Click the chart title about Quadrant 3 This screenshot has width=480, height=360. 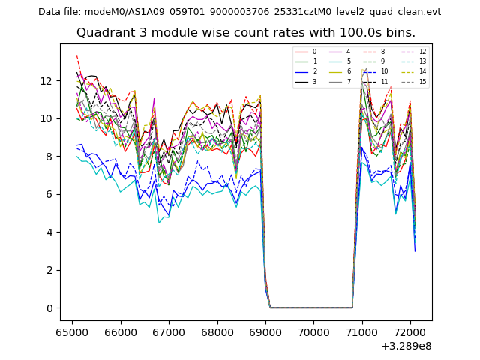(245, 33)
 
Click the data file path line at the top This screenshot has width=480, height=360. (239, 11)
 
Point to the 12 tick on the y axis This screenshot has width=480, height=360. (46, 81)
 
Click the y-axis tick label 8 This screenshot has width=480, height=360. (49, 157)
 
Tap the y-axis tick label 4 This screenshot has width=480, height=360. (49, 232)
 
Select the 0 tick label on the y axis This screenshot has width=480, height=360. (49, 308)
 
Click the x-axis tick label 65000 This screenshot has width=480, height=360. (72, 331)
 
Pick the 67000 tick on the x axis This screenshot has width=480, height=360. (168, 331)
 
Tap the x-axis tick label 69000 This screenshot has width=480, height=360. (265, 331)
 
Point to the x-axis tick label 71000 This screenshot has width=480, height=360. (361, 331)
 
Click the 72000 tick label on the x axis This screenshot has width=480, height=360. (409, 331)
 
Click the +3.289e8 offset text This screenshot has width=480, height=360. (405, 346)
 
